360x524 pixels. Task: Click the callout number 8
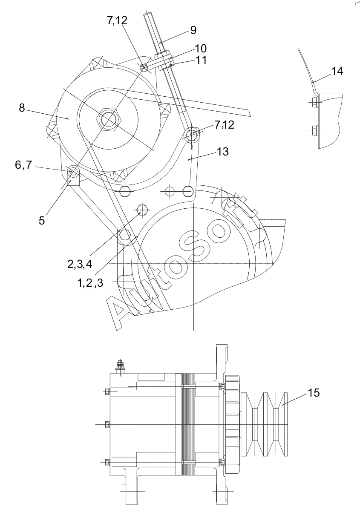point(22,108)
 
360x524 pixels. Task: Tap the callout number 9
point(193,30)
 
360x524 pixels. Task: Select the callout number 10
point(201,49)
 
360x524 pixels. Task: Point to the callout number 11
point(201,60)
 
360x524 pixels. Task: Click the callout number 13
point(223,152)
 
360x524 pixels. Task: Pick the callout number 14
point(337,71)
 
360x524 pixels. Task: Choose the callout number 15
point(314,393)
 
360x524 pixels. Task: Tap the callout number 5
point(42,220)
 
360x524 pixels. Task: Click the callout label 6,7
point(23,165)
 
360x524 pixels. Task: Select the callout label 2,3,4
point(80,264)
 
